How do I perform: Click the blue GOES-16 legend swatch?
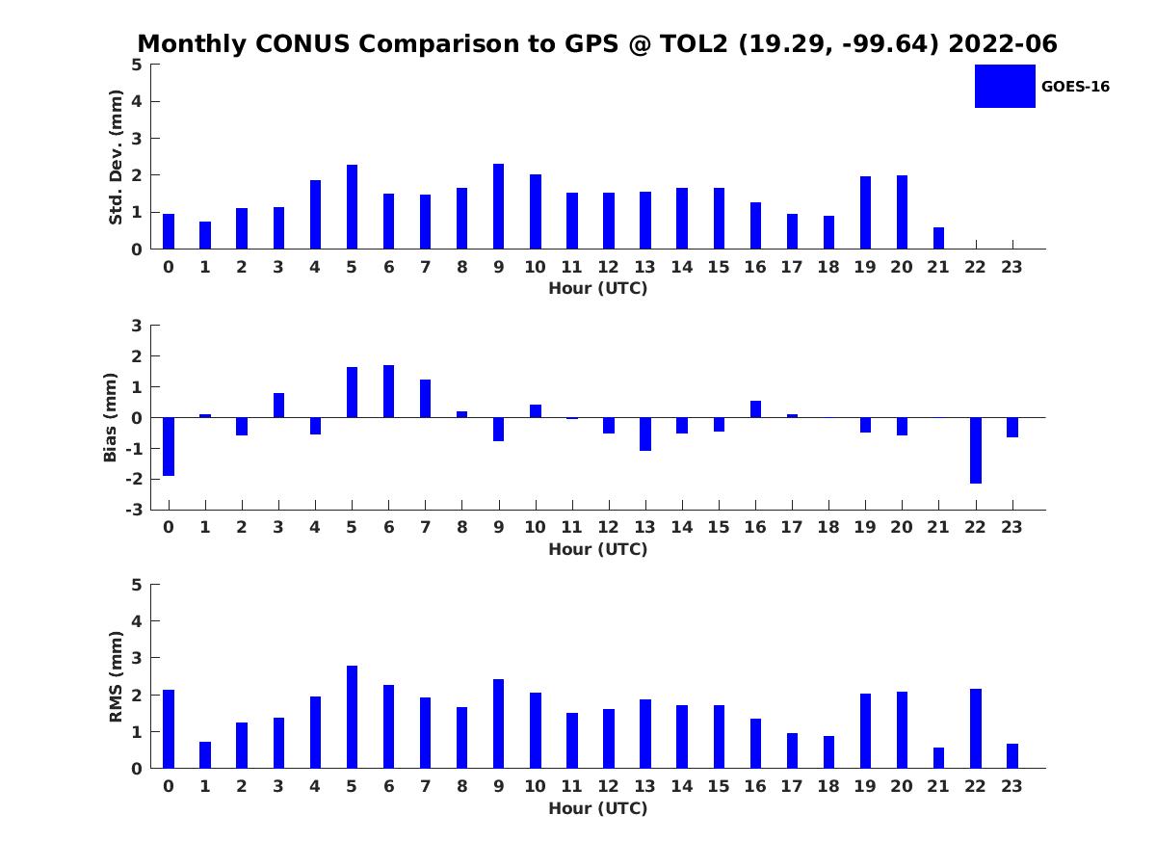coord(1005,86)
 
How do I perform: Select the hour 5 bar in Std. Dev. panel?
coord(352,207)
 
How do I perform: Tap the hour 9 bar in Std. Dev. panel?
coord(498,206)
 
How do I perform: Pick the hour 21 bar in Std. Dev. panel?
coord(938,238)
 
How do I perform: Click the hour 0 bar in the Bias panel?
coord(169,446)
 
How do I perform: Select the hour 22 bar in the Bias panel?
coord(975,450)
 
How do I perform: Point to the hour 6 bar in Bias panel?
coord(388,391)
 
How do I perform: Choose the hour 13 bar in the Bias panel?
coord(644,433)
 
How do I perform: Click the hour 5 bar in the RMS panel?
coord(352,717)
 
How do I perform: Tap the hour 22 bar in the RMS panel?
coord(975,728)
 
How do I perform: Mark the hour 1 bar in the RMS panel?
coord(205,754)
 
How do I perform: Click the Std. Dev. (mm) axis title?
coord(116,157)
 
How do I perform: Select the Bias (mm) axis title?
coord(111,417)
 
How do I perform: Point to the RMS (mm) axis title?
coord(116,676)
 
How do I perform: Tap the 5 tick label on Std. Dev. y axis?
coord(138,65)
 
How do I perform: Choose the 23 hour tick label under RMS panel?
coord(1011,786)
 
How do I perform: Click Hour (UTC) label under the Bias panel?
coord(597,549)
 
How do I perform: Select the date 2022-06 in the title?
coord(1003,44)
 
